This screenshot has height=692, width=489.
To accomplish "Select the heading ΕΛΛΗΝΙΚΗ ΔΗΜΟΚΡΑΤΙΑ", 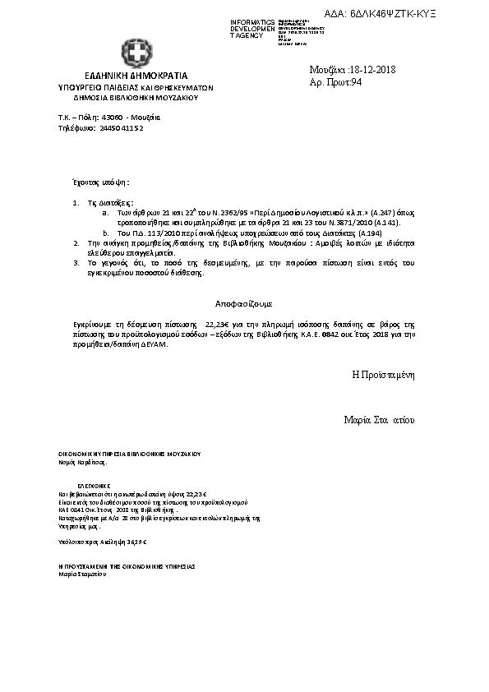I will (x=136, y=75).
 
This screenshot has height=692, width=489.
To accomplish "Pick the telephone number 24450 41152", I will (x=122, y=128).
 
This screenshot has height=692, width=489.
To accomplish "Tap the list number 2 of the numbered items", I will (x=76, y=245).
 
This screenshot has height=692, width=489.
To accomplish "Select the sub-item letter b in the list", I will (x=104, y=233).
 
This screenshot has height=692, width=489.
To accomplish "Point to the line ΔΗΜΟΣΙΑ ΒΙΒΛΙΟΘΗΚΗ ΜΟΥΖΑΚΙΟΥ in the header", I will (x=136, y=97).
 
